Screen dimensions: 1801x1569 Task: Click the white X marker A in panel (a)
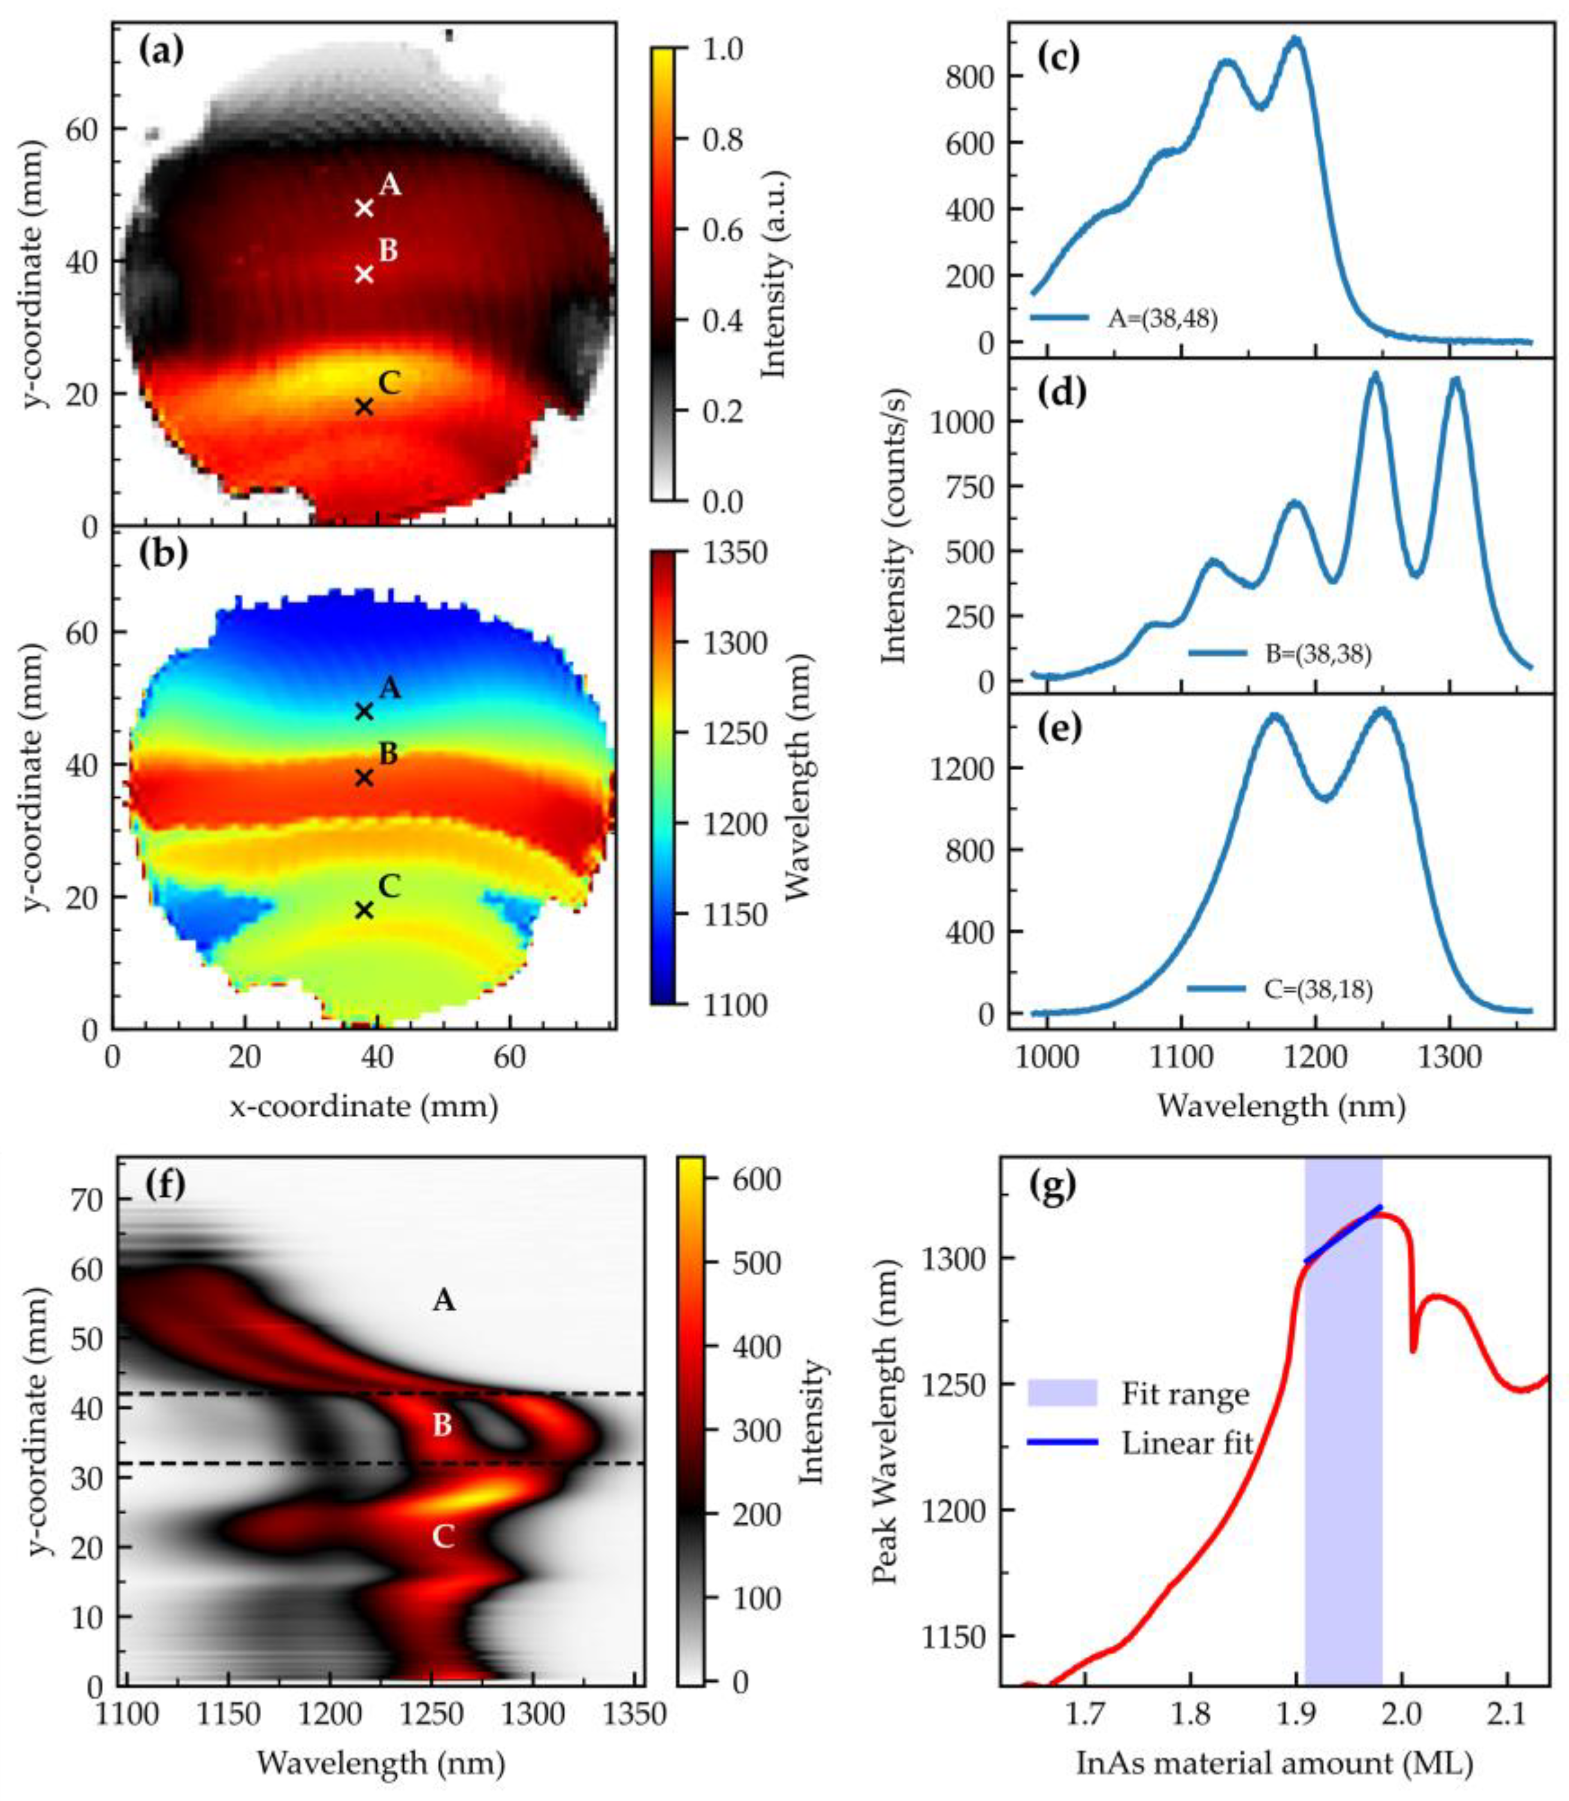pyautogui.click(x=364, y=208)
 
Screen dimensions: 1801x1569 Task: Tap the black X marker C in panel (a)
pyautogui.click(x=364, y=407)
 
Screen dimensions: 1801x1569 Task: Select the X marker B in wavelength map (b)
pyautogui.click(x=364, y=777)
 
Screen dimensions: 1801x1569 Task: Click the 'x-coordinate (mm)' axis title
pyautogui.click(x=364, y=1106)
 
